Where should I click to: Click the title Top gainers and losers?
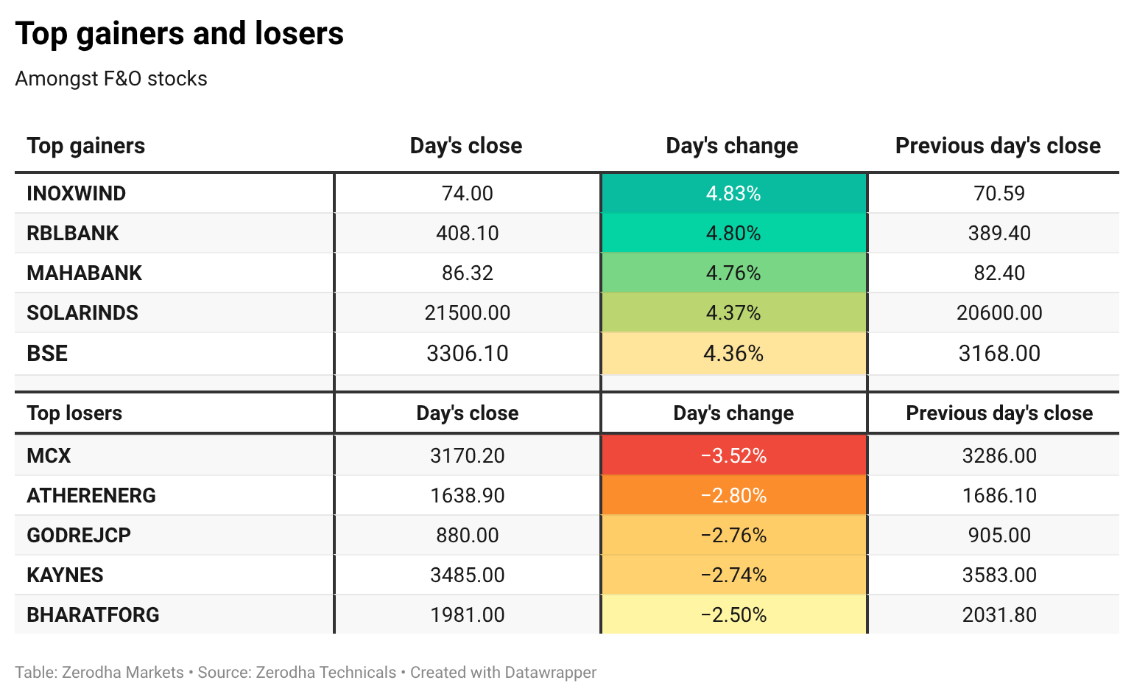179,33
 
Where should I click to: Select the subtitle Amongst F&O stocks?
111,79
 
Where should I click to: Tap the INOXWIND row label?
76,194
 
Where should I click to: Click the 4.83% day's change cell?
733,194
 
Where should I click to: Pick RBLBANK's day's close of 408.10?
468,234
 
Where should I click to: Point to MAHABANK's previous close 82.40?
999,273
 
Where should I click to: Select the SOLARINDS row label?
82,313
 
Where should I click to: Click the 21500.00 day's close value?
468,313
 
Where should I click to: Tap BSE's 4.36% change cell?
733,354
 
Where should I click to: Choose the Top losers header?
74,413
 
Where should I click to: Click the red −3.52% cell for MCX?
733,455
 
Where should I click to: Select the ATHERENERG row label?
91,495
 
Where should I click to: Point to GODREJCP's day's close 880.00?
468,536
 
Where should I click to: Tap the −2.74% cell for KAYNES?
733,575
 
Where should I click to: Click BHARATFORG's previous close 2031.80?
999,615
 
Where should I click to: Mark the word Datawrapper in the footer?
551,673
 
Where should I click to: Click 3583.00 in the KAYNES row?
999,575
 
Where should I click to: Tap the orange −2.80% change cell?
733,495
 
